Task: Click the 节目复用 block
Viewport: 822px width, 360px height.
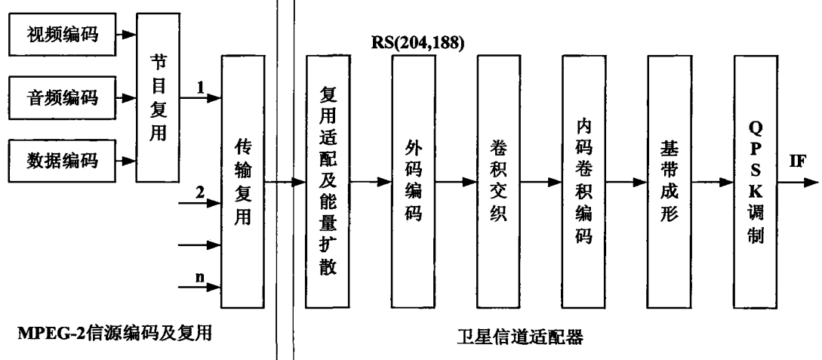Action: point(155,98)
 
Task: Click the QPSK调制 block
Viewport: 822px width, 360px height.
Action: point(757,181)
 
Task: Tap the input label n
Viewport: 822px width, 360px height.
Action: point(200,277)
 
